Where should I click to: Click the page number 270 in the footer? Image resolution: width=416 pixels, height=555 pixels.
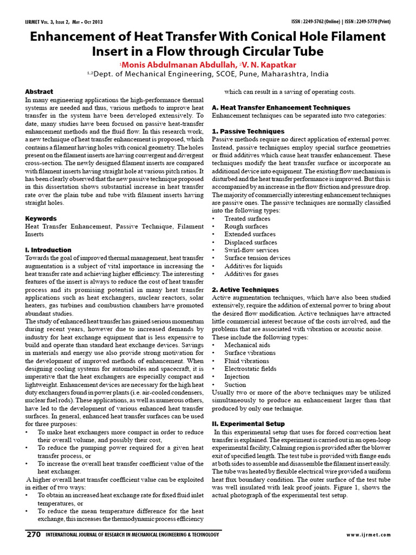coord(34,534)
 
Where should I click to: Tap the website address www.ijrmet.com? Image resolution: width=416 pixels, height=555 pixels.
coord(368,535)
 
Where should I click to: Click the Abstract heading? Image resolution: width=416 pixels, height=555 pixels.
coord(40,92)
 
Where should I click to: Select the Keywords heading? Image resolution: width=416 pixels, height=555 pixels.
coord(41,218)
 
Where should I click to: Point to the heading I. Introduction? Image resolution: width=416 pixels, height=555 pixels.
coord(48,250)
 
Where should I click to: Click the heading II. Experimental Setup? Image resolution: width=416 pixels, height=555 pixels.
coord(248,423)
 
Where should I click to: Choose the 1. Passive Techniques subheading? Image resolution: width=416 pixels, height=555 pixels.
coord(248,131)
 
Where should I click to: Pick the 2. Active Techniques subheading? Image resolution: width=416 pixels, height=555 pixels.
coord(245,289)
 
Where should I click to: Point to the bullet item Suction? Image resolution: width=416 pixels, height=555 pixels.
coord(236,384)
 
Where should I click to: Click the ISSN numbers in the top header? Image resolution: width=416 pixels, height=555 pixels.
coord(340,22)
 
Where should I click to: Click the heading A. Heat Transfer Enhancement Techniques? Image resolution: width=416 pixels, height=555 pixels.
coord(281,108)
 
